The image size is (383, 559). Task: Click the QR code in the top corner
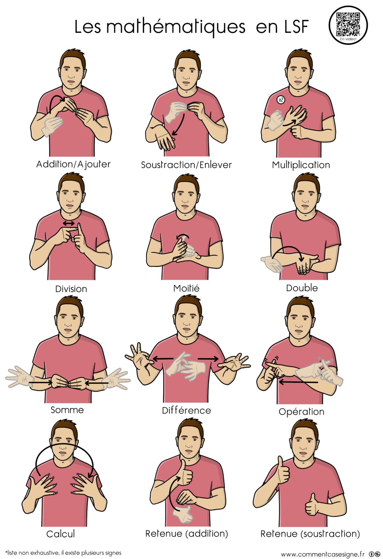click(348, 24)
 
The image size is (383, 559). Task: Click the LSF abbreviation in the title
click(295, 27)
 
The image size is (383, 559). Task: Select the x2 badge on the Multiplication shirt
click(281, 100)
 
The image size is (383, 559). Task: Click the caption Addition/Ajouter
click(74, 164)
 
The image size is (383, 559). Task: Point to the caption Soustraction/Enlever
click(186, 165)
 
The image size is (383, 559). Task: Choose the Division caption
click(71, 289)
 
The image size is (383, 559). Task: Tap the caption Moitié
click(186, 288)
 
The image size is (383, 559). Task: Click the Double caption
click(302, 288)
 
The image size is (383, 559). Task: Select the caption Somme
click(67, 410)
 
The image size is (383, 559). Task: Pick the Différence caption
click(186, 410)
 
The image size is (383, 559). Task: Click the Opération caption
click(301, 412)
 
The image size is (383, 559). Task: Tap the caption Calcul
click(60, 534)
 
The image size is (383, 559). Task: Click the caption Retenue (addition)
click(186, 534)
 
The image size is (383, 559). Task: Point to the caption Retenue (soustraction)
click(310, 534)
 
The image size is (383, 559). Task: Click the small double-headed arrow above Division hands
click(69, 223)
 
